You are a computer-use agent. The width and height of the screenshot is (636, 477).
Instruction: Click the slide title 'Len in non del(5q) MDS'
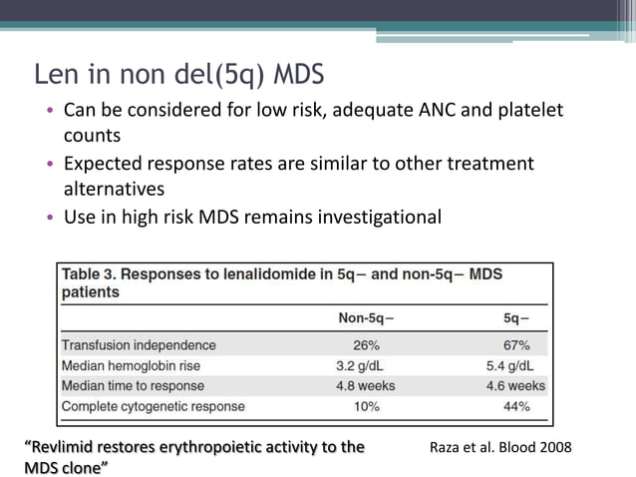coord(179,76)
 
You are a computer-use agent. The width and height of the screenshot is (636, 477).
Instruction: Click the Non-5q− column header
coord(366,318)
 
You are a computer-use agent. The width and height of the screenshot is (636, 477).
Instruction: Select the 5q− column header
coord(516,318)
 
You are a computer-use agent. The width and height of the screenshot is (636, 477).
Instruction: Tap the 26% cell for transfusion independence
coord(366,345)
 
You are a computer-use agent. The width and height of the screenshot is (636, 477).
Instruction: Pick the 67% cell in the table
coord(516,345)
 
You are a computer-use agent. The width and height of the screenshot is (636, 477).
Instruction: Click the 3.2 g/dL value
coord(366,365)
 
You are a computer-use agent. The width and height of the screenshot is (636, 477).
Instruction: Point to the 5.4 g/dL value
coord(515,365)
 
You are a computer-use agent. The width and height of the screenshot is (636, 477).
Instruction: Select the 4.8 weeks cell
coord(366,385)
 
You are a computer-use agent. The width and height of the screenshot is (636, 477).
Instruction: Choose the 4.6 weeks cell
coord(515,385)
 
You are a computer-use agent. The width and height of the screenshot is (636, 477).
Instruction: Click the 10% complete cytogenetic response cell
coord(366,406)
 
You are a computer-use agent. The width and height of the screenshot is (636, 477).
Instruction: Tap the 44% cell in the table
coord(516,406)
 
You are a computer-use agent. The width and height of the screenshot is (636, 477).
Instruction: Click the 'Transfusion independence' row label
coord(139,345)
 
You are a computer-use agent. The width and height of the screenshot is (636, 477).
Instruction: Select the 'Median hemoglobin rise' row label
coord(135,365)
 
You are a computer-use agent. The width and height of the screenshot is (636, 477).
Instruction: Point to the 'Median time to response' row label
coord(133,385)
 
